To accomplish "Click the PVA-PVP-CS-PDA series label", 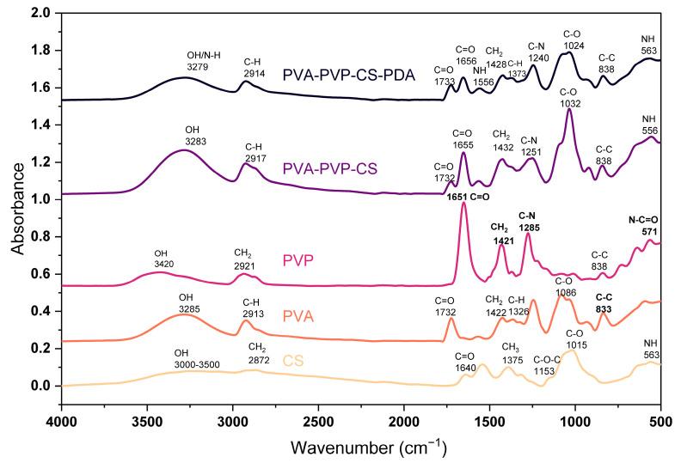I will click(349, 76).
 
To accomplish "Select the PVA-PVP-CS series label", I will click(330, 169).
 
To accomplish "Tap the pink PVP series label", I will click(317, 259).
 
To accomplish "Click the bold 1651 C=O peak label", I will click(468, 198).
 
